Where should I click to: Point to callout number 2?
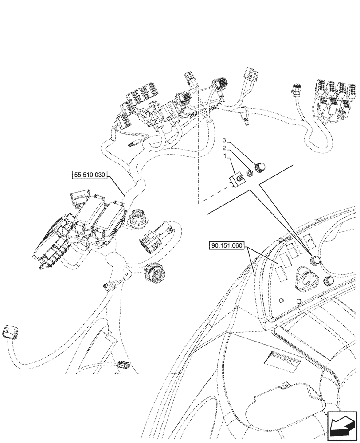pyautogui.click(x=225, y=148)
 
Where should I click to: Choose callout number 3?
pyautogui.click(x=225, y=140)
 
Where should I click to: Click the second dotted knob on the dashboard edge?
pyautogui.click(x=329, y=281)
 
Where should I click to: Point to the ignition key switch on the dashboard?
pyautogui.click(x=306, y=280)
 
